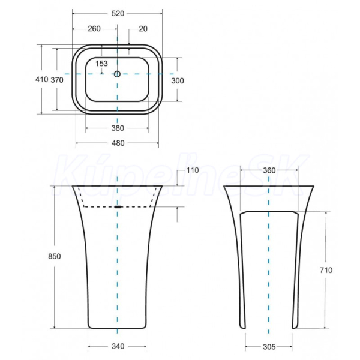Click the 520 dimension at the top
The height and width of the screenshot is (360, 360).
[x=118, y=14]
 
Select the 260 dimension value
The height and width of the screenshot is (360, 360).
[x=94, y=29]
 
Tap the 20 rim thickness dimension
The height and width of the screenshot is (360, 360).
[x=143, y=29]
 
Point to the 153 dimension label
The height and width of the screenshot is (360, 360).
[x=101, y=64]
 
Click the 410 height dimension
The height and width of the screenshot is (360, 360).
[x=41, y=79]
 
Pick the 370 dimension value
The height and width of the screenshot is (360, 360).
[x=57, y=80]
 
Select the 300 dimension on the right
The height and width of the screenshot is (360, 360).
[x=178, y=81]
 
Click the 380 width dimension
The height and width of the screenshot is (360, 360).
[x=118, y=128]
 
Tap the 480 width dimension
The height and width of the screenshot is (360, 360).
[x=118, y=143]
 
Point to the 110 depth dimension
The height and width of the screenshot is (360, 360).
[x=192, y=170]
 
